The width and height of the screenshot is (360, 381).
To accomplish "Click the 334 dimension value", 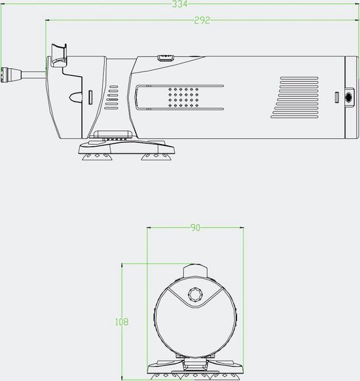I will click(180, 5).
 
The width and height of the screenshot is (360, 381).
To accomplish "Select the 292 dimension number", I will click(202, 20).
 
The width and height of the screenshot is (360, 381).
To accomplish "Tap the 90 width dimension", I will click(195, 228).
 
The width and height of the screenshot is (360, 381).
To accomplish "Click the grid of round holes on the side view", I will click(183, 98).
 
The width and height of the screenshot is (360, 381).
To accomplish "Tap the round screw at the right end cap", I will click(346, 97).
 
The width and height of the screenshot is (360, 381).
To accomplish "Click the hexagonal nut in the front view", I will click(194, 294).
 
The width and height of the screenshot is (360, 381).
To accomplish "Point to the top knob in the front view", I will click(194, 270).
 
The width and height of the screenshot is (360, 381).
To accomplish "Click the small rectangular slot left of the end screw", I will click(335, 98).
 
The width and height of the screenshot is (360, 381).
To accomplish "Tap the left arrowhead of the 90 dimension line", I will click(149, 228).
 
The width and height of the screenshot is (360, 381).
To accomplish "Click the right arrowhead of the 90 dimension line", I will click(242, 228).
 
